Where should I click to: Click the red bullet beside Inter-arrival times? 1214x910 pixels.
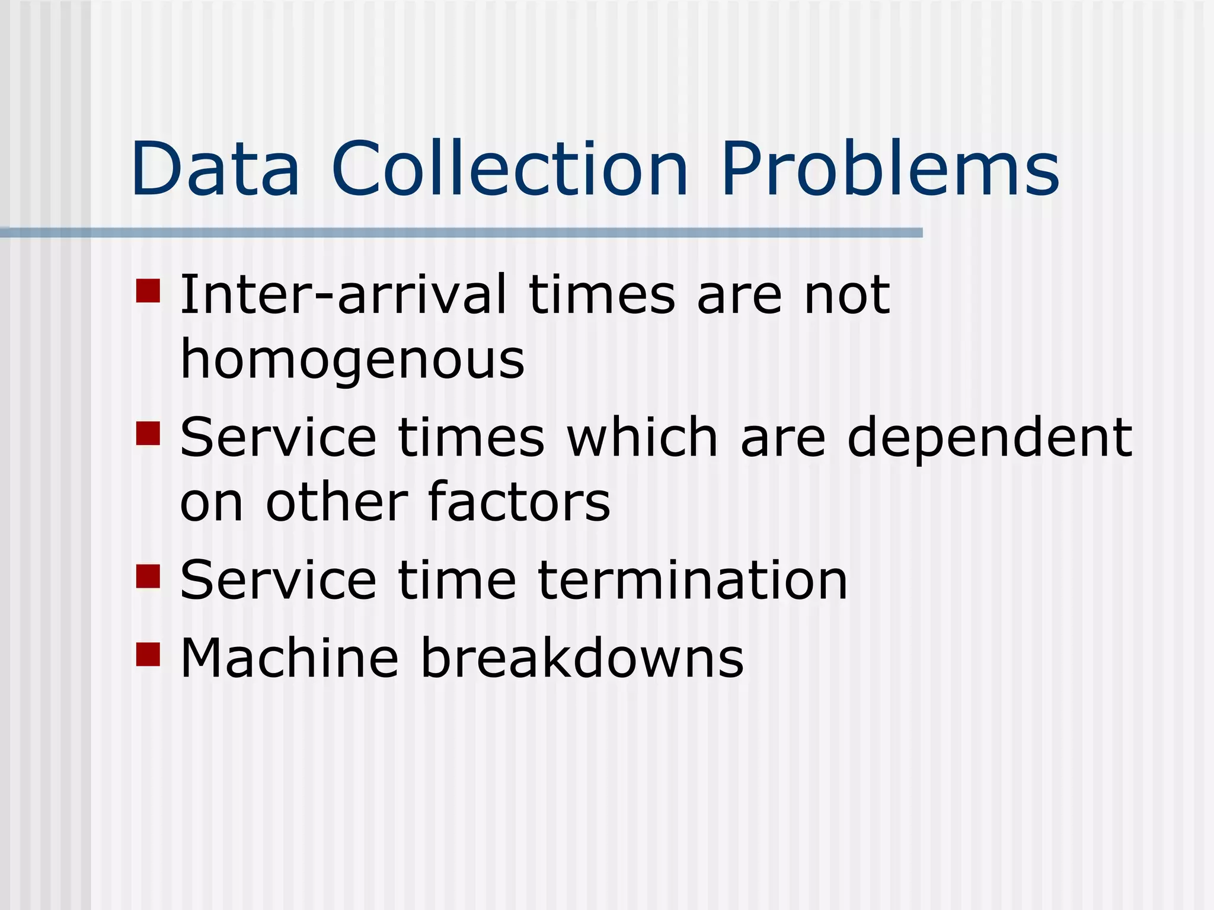point(148,291)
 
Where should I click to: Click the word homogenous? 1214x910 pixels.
point(352,360)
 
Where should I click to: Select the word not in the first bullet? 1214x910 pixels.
point(846,294)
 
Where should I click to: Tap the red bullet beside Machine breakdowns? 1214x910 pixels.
point(148,655)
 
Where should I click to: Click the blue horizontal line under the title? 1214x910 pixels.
point(461,233)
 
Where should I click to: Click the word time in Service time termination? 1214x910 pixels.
point(457,581)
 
